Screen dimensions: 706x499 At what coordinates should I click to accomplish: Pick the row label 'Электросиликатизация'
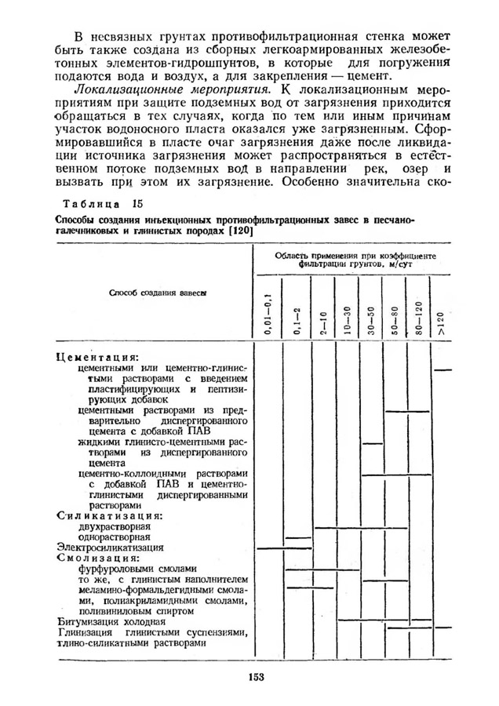110,547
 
